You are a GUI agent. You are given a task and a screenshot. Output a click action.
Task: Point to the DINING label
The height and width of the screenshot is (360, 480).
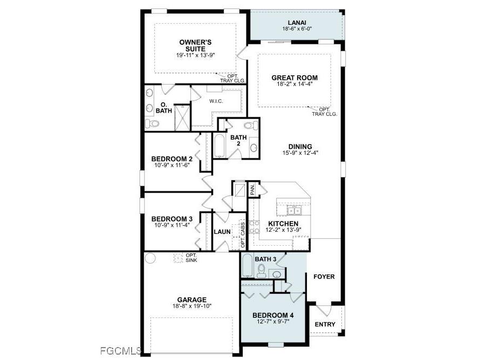(300, 147)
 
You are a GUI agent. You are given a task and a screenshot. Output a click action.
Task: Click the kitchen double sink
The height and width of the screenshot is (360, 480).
(294, 210)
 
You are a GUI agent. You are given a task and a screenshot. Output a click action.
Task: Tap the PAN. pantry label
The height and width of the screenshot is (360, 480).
(252, 190)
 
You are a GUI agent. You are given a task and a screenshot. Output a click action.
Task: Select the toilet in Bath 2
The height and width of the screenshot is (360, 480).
(249, 126)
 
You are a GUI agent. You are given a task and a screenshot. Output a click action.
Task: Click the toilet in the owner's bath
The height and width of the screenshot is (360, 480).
(152, 124)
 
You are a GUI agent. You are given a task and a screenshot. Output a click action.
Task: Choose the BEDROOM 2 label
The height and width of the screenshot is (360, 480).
(172, 159)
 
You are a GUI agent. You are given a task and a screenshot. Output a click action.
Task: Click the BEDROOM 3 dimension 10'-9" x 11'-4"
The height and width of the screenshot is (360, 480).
(172, 225)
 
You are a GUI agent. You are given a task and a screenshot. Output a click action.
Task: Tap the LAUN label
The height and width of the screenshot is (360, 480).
(222, 232)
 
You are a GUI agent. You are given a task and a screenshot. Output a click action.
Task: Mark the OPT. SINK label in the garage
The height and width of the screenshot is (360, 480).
(190, 258)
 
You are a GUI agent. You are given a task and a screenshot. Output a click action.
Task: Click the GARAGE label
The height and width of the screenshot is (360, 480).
(192, 300)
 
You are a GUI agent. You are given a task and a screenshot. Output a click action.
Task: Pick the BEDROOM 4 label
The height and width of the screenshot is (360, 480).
(272, 315)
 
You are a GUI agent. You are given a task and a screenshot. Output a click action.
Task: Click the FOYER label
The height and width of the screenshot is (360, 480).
(324, 277)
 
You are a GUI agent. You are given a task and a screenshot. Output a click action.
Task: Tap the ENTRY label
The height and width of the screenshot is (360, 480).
(325, 324)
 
